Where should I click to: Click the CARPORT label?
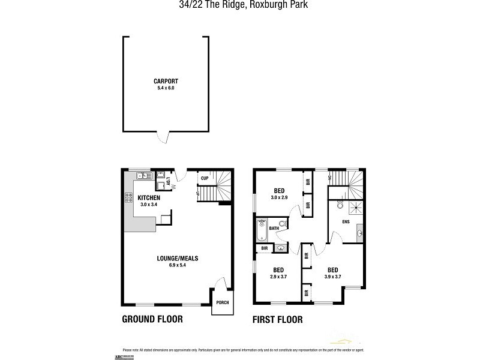point(166,82)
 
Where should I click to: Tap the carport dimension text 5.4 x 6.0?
point(166,88)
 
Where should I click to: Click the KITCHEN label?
point(149,198)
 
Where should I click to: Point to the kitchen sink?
point(143,176)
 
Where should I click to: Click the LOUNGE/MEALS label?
point(178,259)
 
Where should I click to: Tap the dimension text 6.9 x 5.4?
point(178,265)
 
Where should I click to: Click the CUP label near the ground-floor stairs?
point(205,178)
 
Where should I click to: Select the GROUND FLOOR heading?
point(152,319)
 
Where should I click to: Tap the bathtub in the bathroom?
point(262,229)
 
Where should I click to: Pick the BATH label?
point(274,229)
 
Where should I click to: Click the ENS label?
point(346,221)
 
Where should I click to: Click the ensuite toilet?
point(340,205)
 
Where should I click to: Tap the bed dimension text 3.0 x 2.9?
point(280,197)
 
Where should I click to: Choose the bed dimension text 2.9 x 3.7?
point(278,277)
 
